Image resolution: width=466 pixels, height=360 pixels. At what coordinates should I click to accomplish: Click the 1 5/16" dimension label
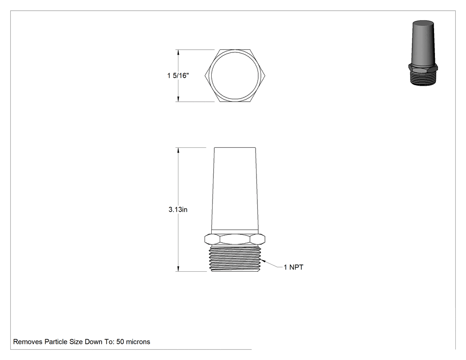pyautogui.click(x=178, y=75)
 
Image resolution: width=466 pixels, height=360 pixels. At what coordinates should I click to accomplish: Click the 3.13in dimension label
pyautogui.click(x=178, y=210)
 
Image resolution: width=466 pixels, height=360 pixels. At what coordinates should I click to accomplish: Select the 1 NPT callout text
pyautogui.click(x=293, y=267)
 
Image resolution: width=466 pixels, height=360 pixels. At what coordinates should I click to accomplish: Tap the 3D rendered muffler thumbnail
pyautogui.click(x=423, y=53)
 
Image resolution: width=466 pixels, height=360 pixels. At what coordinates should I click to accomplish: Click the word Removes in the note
pyautogui.click(x=28, y=342)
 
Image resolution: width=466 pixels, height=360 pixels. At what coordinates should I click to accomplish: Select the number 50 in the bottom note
pyautogui.click(x=120, y=342)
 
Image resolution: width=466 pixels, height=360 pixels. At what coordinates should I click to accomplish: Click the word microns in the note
pyautogui.click(x=138, y=342)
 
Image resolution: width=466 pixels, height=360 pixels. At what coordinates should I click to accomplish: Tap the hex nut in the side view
pyautogui.click(x=235, y=239)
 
